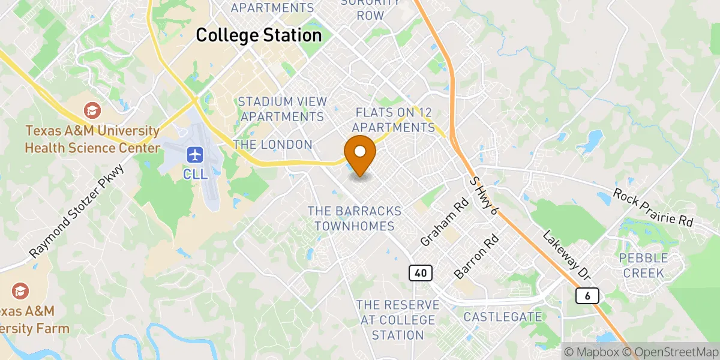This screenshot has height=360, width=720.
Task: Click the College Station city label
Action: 259,35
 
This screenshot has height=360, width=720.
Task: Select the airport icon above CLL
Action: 194,155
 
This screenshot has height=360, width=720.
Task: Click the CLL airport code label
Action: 194,174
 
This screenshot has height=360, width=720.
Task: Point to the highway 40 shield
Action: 421,273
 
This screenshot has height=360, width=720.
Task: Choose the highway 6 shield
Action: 587,295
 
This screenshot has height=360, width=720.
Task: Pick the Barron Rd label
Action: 469,256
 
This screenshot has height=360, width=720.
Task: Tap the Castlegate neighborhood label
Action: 503,316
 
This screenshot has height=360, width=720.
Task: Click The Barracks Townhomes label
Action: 354,218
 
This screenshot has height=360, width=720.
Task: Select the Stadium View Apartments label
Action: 283,109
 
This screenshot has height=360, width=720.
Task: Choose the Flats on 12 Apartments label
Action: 394,120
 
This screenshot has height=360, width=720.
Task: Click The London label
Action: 273,145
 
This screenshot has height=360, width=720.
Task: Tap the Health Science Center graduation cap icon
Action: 92,110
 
